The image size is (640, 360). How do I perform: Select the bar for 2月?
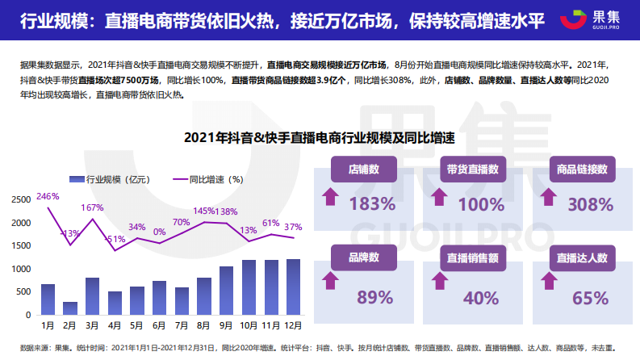pos(70,308)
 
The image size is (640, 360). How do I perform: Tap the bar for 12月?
pos(293,287)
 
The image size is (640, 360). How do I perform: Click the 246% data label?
pos(48,197)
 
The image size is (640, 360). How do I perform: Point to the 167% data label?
pos(92,208)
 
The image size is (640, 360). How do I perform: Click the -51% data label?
pos(115,240)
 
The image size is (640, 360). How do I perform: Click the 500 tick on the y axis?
pos(24,291)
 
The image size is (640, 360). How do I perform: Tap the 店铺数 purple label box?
pos(364,170)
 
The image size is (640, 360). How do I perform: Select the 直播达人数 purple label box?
pos(582,259)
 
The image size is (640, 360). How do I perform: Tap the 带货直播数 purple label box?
pos(472,170)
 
